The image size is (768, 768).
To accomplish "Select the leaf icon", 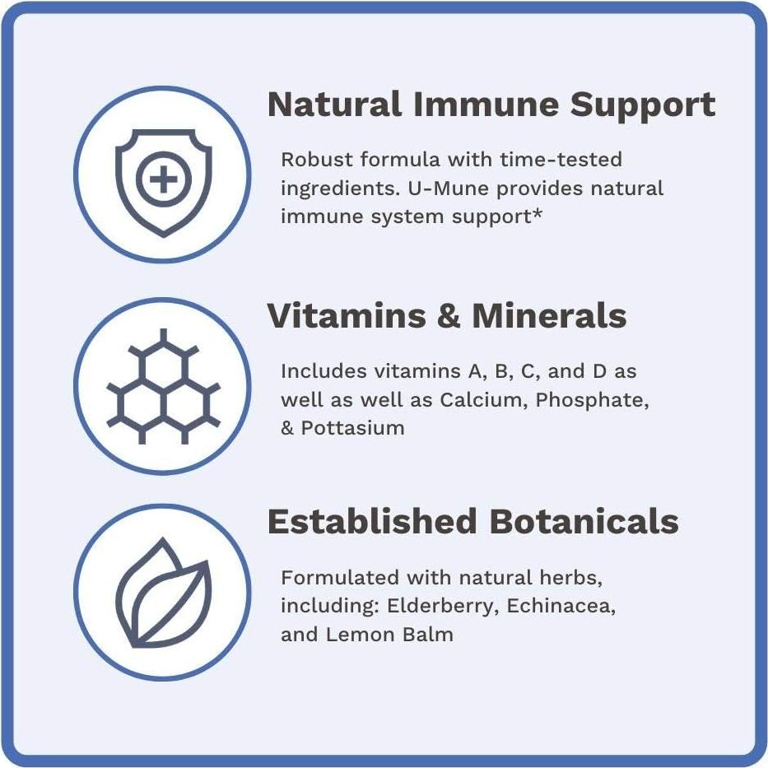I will point(163,594).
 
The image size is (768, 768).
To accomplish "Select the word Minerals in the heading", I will point(549,316).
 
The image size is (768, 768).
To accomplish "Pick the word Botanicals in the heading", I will point(583,522).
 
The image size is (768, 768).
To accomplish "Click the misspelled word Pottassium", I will point(352,428).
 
